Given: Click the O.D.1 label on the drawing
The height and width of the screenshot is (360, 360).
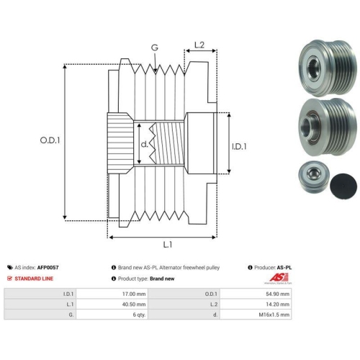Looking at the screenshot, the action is (x=50, y=140).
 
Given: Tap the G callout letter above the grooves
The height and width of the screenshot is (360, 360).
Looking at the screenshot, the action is (x=155, y=48).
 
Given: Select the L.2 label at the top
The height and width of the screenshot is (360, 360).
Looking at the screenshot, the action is (x=199, y=45).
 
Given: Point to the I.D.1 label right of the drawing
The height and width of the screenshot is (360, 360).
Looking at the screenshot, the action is (x=239, y=146).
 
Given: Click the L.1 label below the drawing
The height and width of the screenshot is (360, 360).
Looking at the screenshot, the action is (x=168, y=245).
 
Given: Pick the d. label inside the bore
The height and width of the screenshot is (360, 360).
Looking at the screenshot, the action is (x=144, y=144).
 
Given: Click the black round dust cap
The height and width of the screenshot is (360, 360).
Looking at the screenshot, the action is (x=343, y=186).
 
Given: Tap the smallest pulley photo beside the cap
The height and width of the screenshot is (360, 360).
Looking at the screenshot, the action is (x=314, y=178).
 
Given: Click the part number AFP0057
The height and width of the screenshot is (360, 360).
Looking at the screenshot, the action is (x=48, y=267).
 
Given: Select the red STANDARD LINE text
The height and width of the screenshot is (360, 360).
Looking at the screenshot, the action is (x=34, y=279).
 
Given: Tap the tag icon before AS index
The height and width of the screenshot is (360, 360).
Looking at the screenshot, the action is (x=10, y=267).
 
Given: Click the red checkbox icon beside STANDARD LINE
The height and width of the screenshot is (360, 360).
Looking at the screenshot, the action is (x=9, y=279).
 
